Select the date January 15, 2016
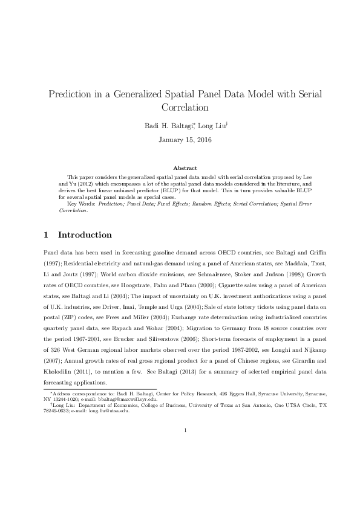tap(180, 140)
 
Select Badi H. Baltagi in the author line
tap(165, 126)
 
